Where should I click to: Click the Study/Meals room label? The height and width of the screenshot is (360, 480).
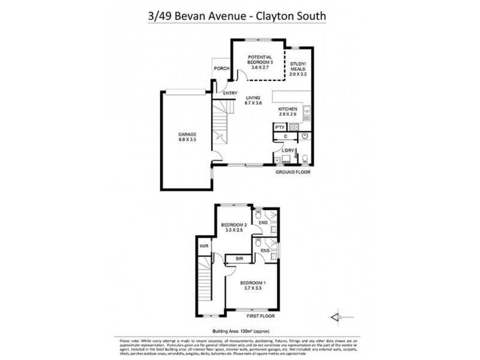tap(298, 70)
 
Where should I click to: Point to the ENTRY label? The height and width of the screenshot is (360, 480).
tap(230, 93)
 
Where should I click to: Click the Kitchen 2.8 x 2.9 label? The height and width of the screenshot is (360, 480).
tap(288, 111)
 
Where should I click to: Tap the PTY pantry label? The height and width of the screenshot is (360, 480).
tap(280, 127)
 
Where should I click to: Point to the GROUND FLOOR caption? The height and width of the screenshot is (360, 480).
tap(293, 172)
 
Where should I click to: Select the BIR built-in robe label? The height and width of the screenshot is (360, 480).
tap(239, 259)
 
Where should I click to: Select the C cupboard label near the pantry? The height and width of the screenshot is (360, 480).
tap(286, 137)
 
